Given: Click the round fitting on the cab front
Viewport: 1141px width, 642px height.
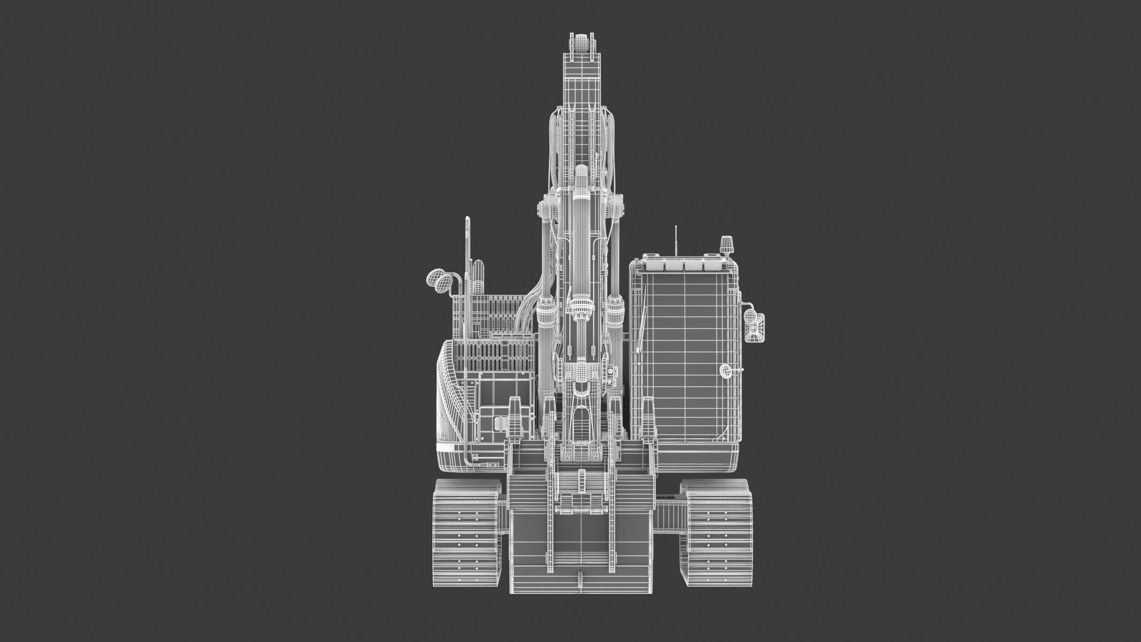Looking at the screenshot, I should [x=726, y=370].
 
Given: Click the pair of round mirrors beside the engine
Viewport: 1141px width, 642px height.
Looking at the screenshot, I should [x=438, y=281].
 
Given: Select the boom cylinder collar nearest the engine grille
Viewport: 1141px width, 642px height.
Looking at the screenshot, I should [x=546, y=310].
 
